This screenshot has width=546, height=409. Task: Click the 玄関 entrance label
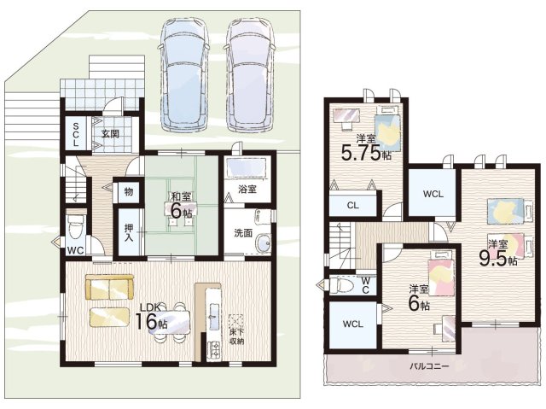pos(110,134)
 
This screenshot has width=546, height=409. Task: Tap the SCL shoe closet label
pos(76,134)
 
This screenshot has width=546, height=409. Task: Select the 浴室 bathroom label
pos(247,190)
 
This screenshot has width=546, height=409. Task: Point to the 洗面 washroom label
pos(243,233)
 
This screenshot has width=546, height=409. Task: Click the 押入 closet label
pos(129,233)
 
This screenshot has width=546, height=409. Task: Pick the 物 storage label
pos(129,191)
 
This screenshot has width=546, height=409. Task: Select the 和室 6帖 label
pos(181,205)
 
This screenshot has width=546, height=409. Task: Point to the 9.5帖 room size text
pos(498,258)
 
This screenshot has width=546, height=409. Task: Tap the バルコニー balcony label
pos(429,366)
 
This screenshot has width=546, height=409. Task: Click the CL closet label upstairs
pos(352,206)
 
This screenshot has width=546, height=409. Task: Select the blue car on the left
pos(184,73)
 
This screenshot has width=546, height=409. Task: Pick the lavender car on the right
pos(250,73)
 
